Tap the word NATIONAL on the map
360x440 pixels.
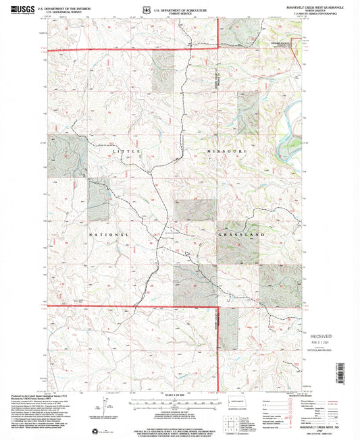108,234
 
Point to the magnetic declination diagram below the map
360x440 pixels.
105,408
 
